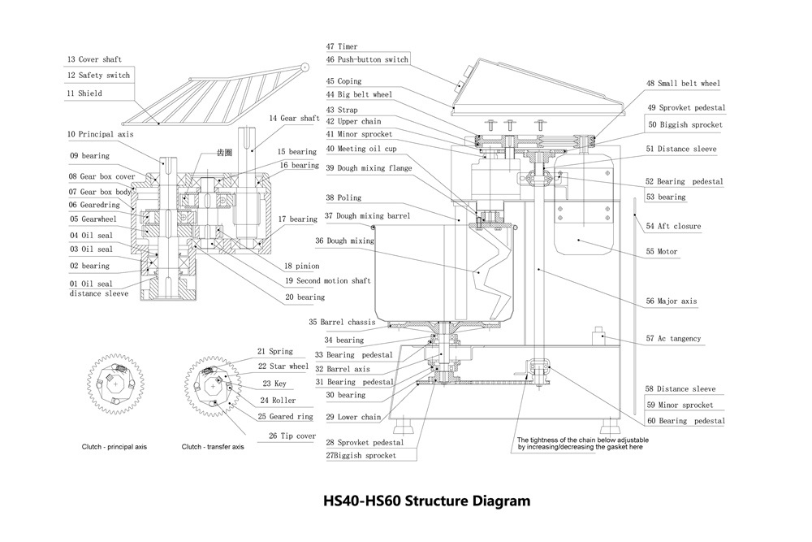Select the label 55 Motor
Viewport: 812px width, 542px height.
tap(661, 252)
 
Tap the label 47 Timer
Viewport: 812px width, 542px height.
tap(342, 47)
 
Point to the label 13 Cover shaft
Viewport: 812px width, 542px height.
tap(94, 59)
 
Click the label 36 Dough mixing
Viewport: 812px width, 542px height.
tap(344, 241)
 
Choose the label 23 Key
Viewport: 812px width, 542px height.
tap(274, 384)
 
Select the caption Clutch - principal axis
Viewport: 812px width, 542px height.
tap(114, 447)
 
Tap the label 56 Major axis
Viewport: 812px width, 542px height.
tap(671, 301)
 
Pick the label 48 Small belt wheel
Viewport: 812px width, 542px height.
tap(682, 84)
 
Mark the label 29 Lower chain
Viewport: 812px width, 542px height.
tap(353, 417)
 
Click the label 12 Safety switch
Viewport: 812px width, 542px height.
tap(98, 76)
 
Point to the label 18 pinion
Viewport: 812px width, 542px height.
tap(302, 266)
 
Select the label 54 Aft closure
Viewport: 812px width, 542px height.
tap(672, 226)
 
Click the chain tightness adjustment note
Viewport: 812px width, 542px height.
tap(582, 444)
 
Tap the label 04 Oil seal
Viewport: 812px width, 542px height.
tap(91, 235)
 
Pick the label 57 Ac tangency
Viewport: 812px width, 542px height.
tap(672, 338)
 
